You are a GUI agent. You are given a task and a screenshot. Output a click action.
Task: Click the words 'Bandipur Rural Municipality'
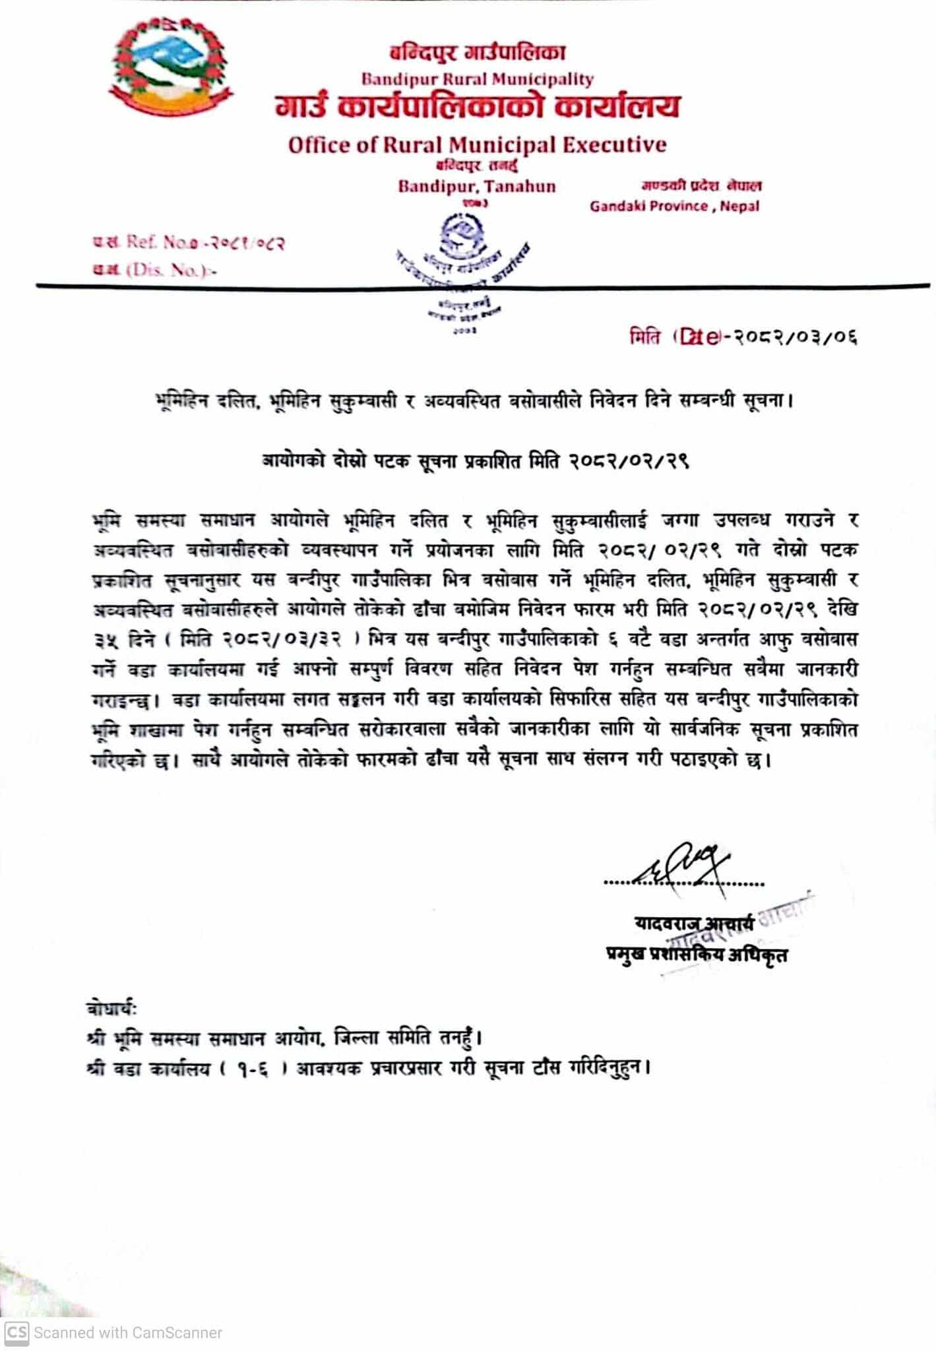[x=477, y=79]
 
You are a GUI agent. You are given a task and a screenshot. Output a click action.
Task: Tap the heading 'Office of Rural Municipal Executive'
[x=477, y=144]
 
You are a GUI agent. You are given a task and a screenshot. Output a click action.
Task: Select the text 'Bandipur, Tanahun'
[x=476, y=186]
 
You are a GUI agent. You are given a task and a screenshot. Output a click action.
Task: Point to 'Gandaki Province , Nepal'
[x=674, y=206]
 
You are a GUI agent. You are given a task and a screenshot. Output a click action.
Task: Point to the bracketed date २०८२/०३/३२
[x=293, y=639]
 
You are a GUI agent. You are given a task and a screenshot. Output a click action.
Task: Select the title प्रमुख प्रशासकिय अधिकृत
[x=697, y=954]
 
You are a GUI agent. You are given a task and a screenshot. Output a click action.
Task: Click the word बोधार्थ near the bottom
[x=111, y=1009]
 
